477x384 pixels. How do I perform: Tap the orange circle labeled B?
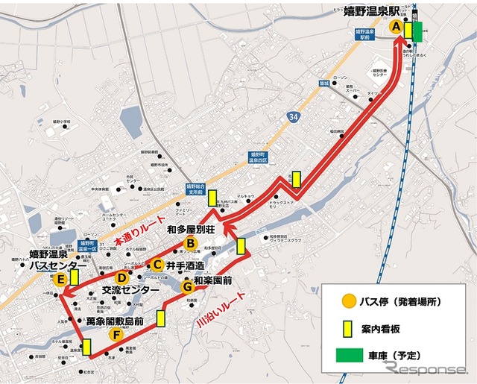[190, 242]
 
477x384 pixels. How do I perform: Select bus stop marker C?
[157, 263]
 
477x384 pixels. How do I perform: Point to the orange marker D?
[122, 277]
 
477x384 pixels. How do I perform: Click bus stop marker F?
[116, 335]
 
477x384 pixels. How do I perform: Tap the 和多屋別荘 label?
[192, 229]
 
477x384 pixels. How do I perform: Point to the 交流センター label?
[131, 290]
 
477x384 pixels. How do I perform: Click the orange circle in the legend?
[348, 302]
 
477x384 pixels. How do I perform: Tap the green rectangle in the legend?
[349, 355]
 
